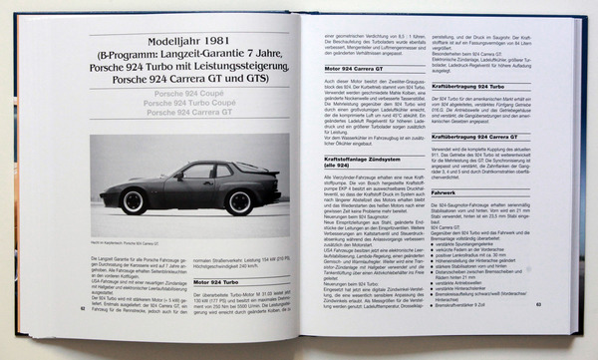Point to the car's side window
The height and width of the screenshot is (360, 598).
pos(195,172)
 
